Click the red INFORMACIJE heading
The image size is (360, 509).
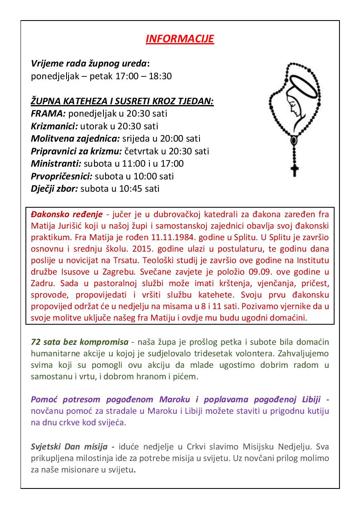(x=180, y=39)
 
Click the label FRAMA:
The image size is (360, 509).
(x=48, y=113)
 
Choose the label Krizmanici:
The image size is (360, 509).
(x=54, y=126)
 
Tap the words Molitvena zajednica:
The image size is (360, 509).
(x=75, y=139)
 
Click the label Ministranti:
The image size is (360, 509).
(x=56, y=163)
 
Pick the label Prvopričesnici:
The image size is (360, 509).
(x=62, y=176)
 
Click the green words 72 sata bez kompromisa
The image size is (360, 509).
(x=79, y=342)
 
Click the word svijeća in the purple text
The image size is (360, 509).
(x=112, y=422)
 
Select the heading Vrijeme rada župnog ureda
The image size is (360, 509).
(x=89, y=64)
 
